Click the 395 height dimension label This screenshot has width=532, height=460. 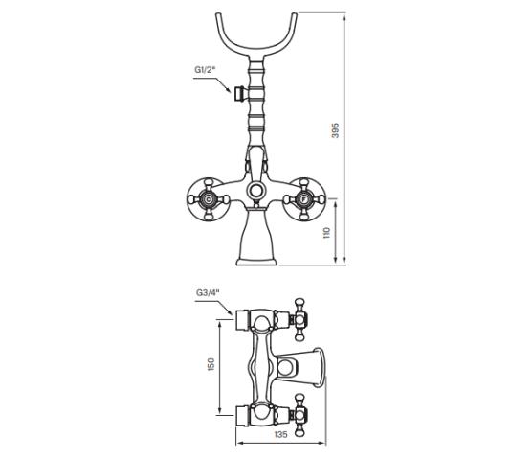click(x=335, y=130)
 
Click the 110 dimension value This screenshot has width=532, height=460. click(x=326, y=233)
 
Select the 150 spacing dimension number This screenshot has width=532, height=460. click(x=211, y=364)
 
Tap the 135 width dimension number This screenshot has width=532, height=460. click(x=280, y=434)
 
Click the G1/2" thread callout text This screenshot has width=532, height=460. click(x=206, y=70)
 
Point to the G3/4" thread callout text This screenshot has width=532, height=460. click(x=208, y=292)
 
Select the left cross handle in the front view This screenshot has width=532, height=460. click(x=207, y=199)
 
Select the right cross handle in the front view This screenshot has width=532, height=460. click(x=303, y=199)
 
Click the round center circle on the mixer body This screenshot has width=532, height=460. click(x=255, y=190)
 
